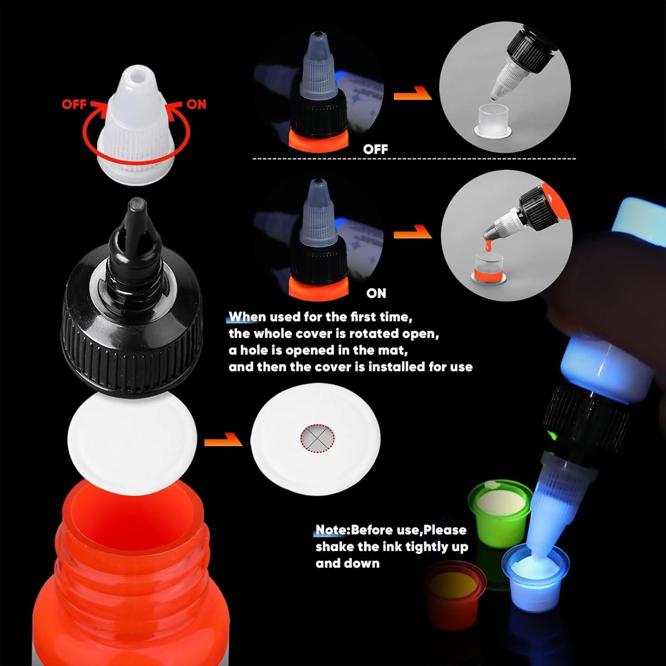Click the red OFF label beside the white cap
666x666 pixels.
click(x=74, y=104)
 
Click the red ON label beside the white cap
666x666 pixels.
click(x=196, y=104)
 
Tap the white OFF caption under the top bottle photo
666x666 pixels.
click(x=375, y=149)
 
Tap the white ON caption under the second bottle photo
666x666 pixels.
click(x=376, y=293)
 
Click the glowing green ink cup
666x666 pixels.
click(x=500, y=504)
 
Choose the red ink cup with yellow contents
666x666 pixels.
click(x=453, y=586)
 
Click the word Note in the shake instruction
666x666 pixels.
click(x=331, y=530)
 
